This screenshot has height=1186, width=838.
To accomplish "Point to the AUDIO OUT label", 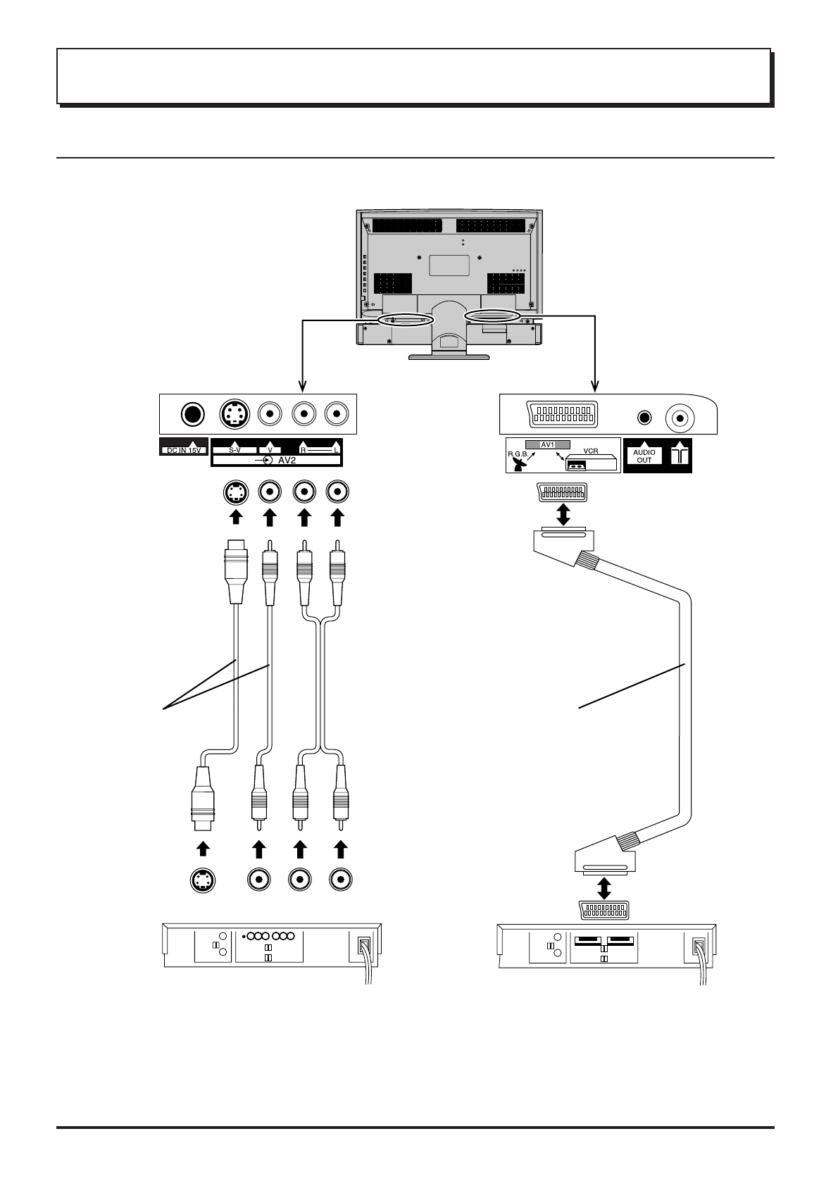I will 644,456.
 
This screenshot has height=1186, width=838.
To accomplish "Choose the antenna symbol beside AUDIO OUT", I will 679,456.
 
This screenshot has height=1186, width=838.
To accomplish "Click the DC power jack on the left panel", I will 192,414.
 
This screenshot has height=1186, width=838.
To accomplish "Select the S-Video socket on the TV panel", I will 234,414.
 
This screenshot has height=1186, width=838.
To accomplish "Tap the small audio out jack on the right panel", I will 644,417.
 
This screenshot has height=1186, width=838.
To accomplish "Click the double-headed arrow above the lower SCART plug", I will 604,886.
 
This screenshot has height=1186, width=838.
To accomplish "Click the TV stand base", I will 450,356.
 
